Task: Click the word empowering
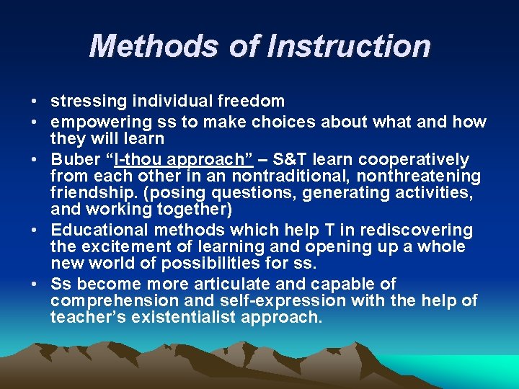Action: (x=95, y=122)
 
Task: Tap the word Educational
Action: (x=97, y=231)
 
